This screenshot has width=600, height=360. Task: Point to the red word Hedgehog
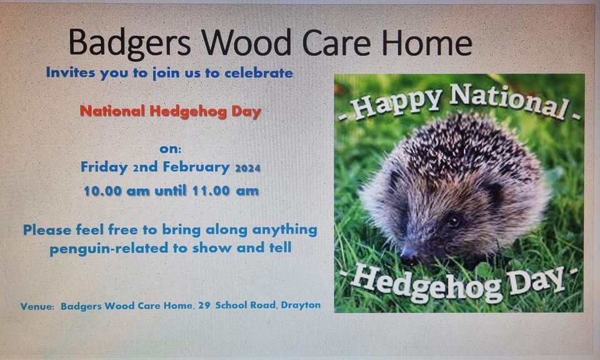pos(188,111)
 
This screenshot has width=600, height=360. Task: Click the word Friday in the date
pos(104,167)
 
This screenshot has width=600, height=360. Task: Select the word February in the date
pos(196,167)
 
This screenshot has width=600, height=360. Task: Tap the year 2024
pos(247,168)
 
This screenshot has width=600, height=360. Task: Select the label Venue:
pos(37,306)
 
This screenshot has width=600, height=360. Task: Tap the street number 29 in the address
pos(204,305)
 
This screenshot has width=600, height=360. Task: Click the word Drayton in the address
pos(301,305)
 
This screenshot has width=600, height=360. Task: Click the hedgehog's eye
pos(454,221)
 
